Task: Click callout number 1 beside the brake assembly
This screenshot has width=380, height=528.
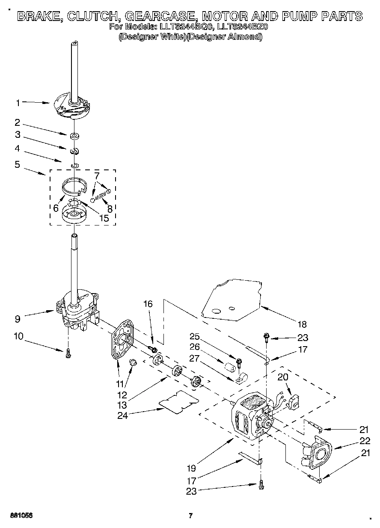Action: tap(18, 103)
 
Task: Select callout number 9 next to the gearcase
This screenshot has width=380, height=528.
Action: tap(18, 318)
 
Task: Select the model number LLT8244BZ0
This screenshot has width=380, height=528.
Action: tap(242, 27)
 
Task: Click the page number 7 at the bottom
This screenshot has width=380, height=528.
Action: tap(191, 515)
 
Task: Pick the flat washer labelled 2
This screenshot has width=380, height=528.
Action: tap(75, 136)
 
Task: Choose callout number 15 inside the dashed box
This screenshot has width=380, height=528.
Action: tap(103, 218)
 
